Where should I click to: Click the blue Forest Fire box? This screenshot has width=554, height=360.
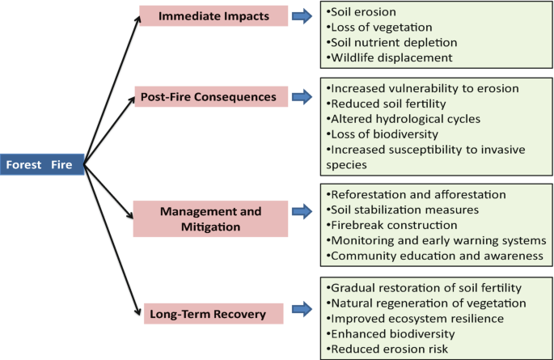[41, 166]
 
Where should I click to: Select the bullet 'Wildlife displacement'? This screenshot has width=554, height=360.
[388, 57]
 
